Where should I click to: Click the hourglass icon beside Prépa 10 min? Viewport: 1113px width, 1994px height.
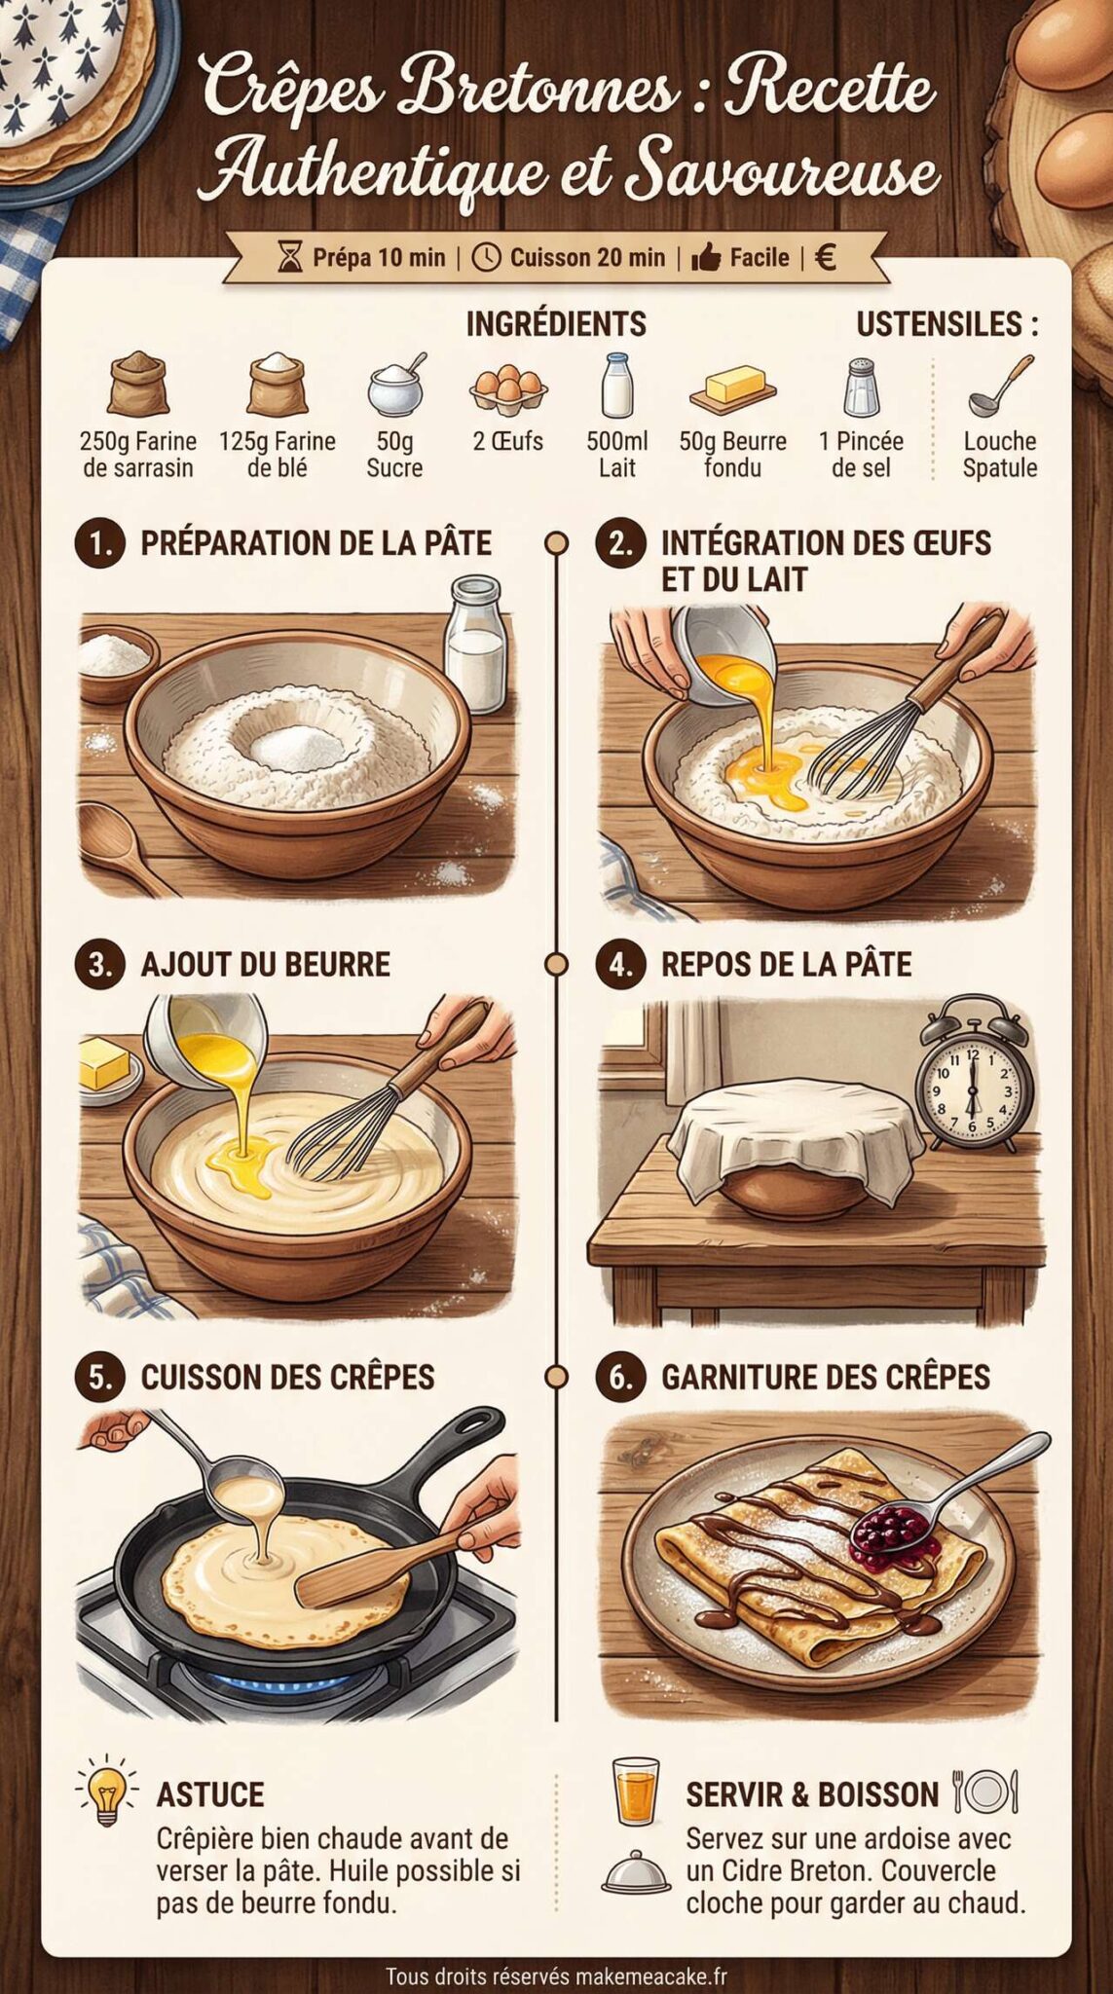coord(290,258)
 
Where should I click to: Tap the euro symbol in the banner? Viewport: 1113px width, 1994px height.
coord(825,257)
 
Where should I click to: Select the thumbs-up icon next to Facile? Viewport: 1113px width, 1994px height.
coord(706,258)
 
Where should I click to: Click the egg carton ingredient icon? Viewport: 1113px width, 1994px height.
coord(507,387)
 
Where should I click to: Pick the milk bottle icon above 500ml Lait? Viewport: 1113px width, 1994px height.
coord(616,386)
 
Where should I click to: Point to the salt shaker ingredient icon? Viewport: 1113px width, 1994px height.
coord(861,387)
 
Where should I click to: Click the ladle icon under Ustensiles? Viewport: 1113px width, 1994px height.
coord(1000,386)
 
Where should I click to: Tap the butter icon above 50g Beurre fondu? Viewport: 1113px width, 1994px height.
coord(733,388)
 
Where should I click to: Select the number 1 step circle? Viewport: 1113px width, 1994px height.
coord(99,543)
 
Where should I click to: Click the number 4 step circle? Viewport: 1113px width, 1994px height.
coord(620,964)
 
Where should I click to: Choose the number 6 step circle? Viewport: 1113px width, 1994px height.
coord(620,1377)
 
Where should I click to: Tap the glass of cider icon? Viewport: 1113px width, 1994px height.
coord(636,1791)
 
